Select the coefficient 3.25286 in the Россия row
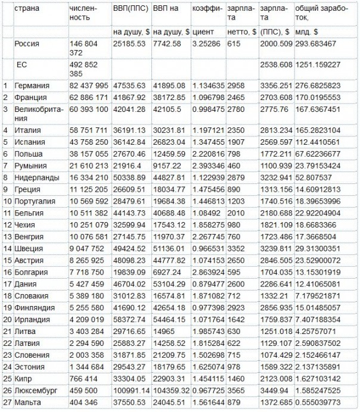pyautogui.click(x=209, y=44)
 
